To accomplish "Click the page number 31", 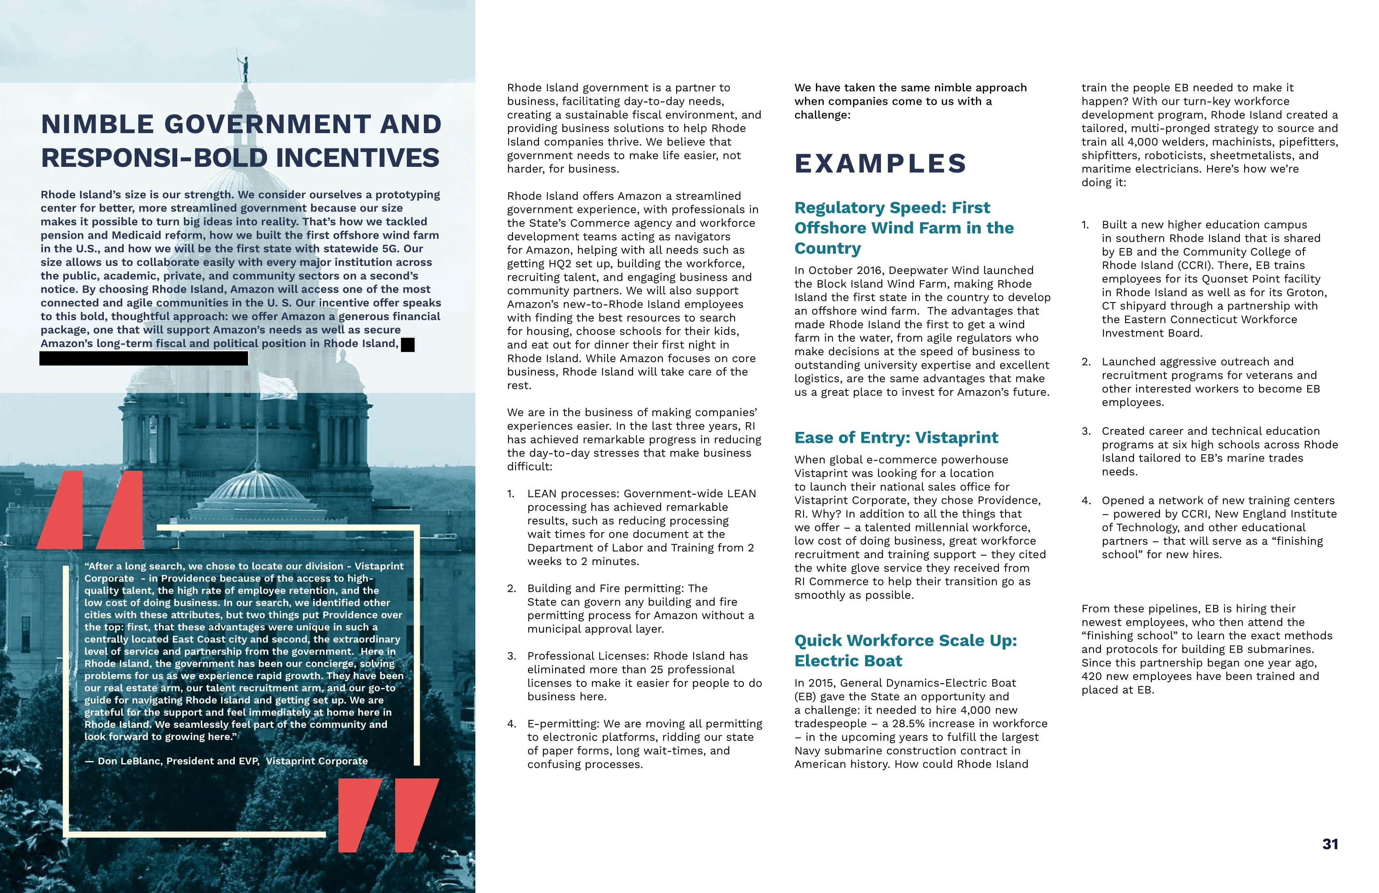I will pyautogui.click(x=1330, y=844).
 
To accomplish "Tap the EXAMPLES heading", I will pyautogui.click(x=880, y=164).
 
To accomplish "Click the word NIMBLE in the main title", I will pyautogui.click(x=97, y=124).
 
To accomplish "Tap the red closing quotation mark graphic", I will pyautogui.click(x=388, y=815).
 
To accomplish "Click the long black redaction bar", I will pyautogui.click(x=144, y=359).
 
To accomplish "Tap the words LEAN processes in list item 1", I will pyautogui.click(x=571, y=494).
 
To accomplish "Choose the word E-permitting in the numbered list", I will pyautogui.click(x=562, y=724).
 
